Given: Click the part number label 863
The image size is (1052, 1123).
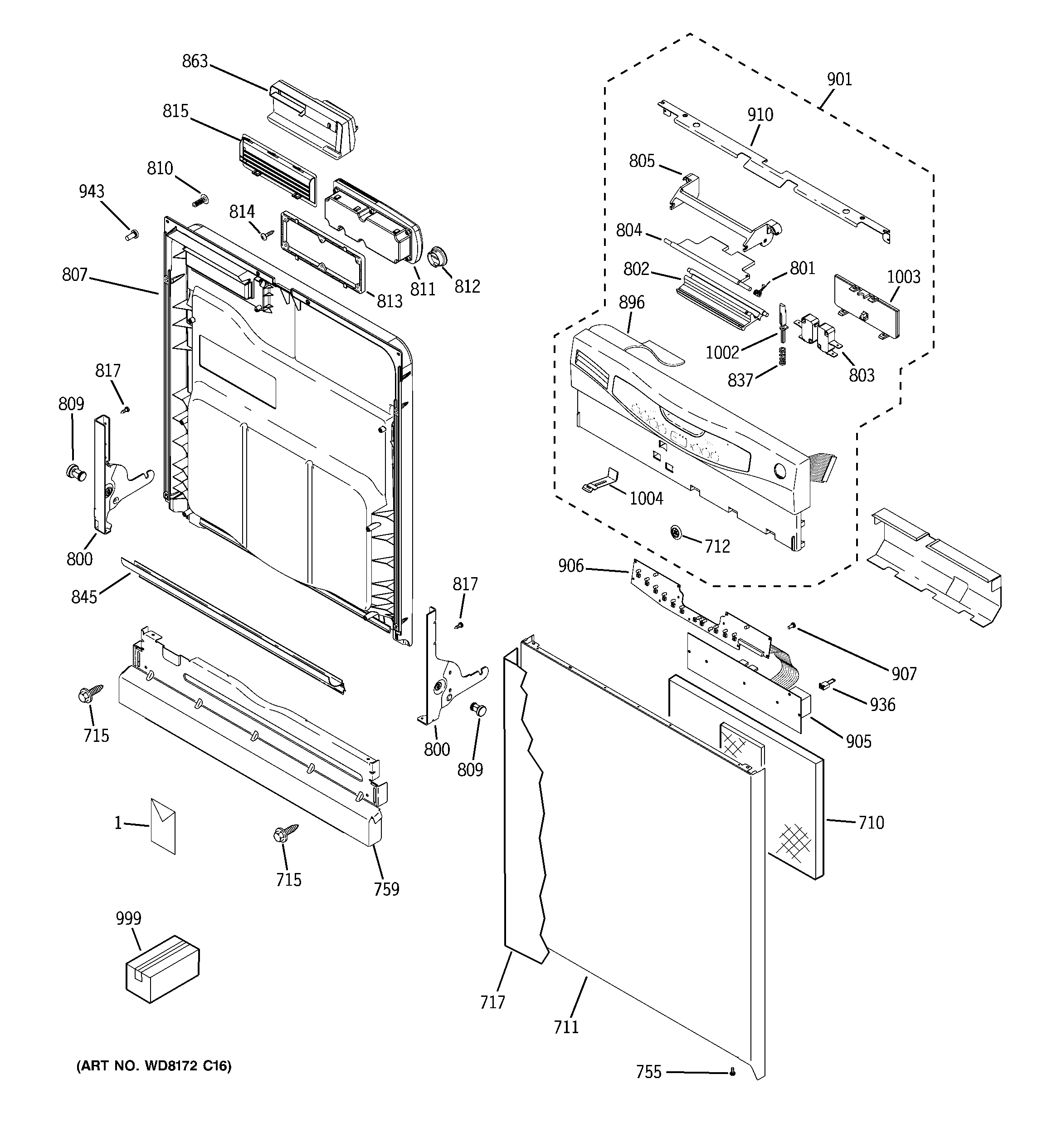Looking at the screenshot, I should [x=195, y=61].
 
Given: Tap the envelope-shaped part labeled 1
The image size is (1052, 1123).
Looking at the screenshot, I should [x=163, y=826].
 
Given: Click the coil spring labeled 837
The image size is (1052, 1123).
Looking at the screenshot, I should [x=782, y=356].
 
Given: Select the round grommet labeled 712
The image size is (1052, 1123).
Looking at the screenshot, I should [x=675, y=532].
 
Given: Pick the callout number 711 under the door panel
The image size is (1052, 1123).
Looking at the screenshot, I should [x=566, y=1027].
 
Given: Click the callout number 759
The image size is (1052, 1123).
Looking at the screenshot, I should [x=386, y=889].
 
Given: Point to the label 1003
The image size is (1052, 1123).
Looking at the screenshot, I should [x=903, y=277].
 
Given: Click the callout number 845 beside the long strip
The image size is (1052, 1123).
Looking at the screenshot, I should [x=84, y=597].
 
